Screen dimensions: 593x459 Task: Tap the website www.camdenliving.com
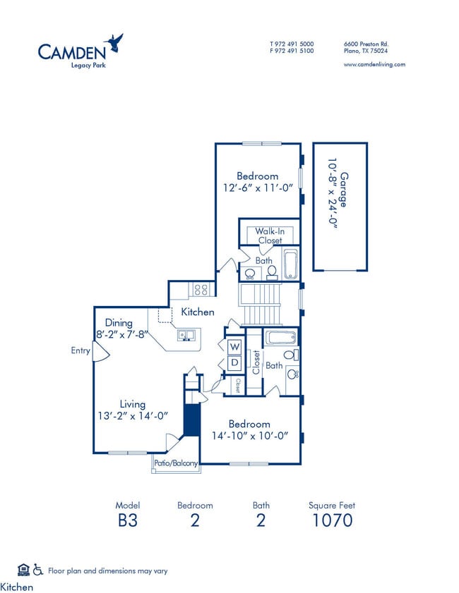pos(374,64)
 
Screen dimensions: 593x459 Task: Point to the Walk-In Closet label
pos(269,236)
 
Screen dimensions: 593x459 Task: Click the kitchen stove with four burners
pos(201,288)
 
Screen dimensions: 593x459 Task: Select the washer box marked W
pos(234,347)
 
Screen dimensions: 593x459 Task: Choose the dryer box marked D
pos(234,363)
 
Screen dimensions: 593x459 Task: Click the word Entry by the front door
pos(81,350)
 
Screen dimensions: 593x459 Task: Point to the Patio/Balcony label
pos(176,463)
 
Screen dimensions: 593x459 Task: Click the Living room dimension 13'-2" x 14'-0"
pos(132,416)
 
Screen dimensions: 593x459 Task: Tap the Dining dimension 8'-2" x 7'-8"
pos(119,335)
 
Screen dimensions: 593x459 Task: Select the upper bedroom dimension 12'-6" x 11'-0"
pos(257,188)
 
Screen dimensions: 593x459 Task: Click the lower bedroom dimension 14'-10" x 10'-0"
pos(249,436)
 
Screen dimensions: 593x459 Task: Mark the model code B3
pos(128,520)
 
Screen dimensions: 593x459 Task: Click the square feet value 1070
pos(331,520)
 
